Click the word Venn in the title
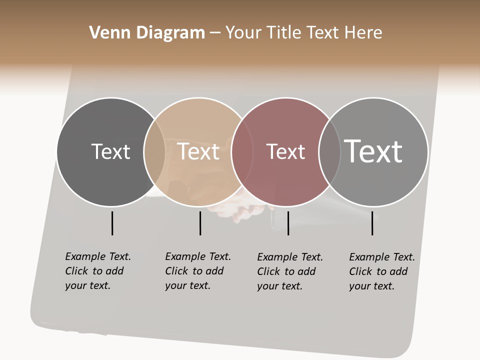[x=106, y=33]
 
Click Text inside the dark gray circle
[x=110, y=151]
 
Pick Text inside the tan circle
[x=198, y=151]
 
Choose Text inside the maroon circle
[x=285, y=151]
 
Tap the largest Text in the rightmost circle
[x=373, y=151]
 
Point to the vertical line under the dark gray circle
[x=112, y=223]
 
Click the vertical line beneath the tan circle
[x=200, y=223]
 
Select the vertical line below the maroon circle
[x=288, y=223]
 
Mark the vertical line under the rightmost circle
[x=372, y=223]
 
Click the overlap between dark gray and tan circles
[x=154, y=151]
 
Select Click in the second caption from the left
[x=176, y=271]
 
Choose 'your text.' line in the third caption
[x=279, y=286]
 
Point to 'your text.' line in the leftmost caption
[x=87, y=286]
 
